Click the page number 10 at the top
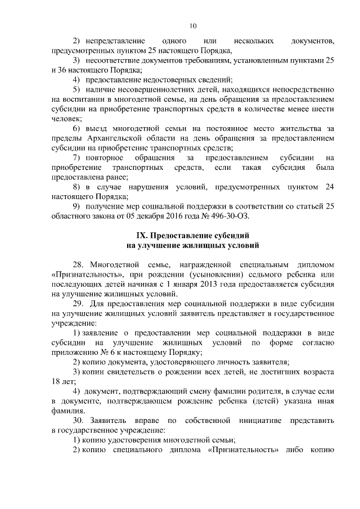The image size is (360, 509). tap(192, 26)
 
